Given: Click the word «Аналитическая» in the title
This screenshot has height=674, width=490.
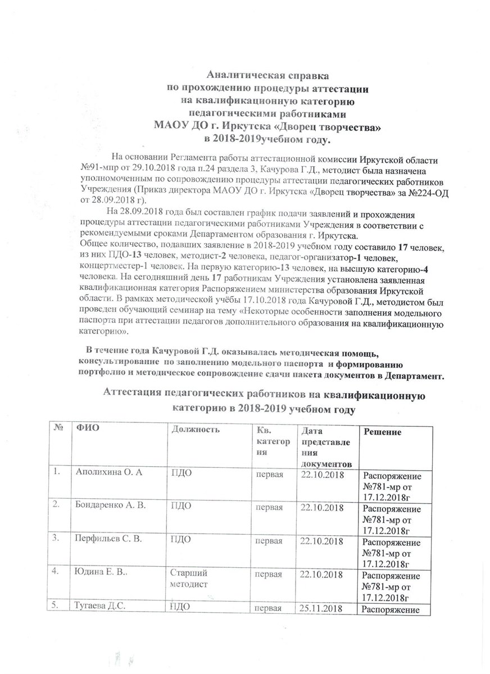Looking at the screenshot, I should pyautogui.click(x=237, y=74).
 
